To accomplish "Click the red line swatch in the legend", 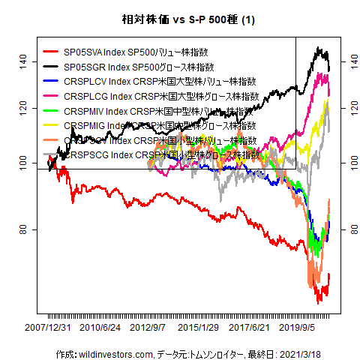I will (51, 52).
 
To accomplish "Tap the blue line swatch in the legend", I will (51, 82).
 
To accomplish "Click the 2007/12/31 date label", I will (47, 328).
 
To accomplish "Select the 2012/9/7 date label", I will (148, 328).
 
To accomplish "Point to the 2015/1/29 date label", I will (198, 328).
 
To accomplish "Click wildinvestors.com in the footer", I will (117, 353).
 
